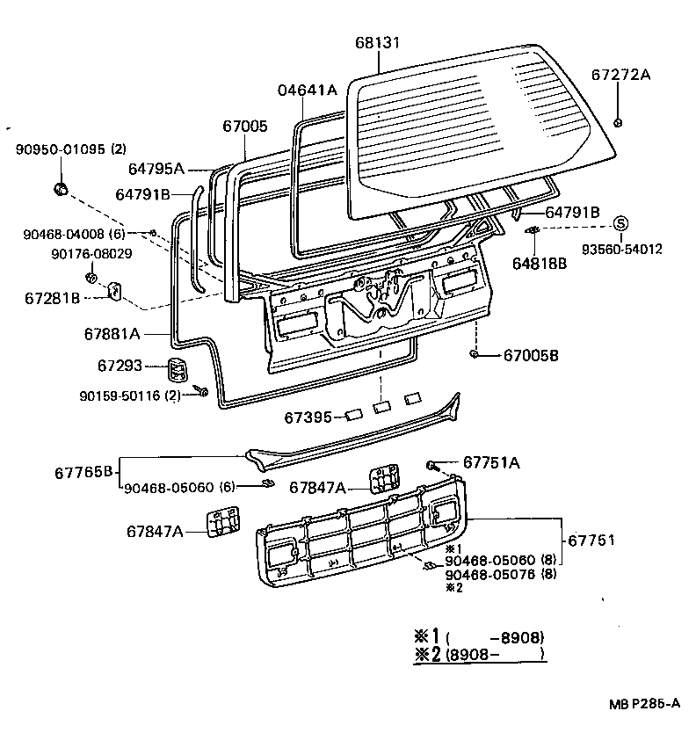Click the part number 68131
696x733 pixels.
[378, 43]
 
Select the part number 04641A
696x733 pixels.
[308, 90]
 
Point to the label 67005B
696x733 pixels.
[531, 355]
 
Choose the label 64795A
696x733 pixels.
[156, 169]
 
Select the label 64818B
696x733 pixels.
[541, 263]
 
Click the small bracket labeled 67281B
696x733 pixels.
[115, 291]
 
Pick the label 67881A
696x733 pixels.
[112, 334]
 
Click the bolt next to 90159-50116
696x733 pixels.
[203, 391]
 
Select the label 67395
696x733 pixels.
[308, 417]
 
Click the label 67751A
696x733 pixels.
[491, 463]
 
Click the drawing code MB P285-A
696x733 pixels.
[646, 703]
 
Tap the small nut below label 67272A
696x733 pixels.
[620, 121]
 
